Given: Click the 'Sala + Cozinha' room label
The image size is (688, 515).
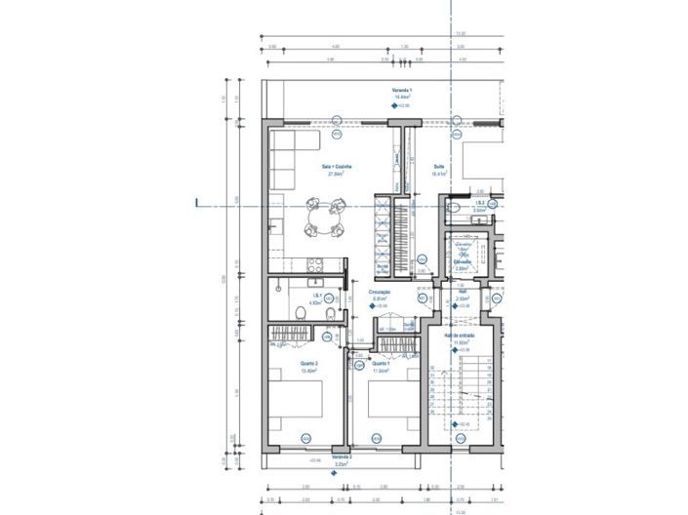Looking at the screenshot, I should [337, 167].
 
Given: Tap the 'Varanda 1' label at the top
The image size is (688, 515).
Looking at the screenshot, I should [402, 90].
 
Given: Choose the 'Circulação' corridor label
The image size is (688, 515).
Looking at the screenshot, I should [381, 291].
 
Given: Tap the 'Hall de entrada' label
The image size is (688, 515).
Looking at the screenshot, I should [457, 335].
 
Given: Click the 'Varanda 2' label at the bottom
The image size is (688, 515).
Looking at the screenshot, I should [342, 457].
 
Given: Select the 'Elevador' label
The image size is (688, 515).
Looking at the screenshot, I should [463, 261].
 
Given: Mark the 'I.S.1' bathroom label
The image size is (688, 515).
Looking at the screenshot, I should [317, 296].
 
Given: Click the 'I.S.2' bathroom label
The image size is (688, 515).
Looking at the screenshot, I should [479, 203].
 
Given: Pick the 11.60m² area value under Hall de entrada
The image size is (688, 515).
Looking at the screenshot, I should [457, 342].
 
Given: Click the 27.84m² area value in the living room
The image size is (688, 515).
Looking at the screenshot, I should [337, 174].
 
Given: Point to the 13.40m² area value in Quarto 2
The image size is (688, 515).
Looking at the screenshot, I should [283, 372].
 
